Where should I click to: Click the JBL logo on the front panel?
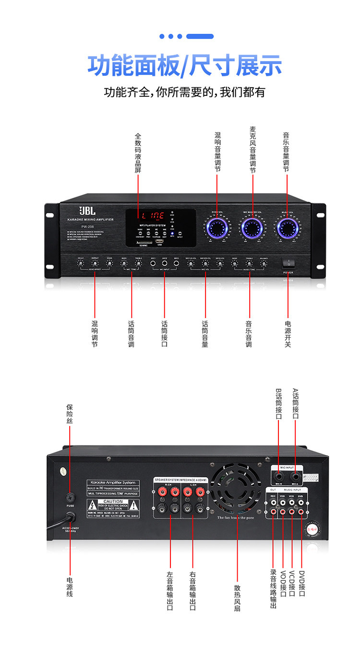point(87,211)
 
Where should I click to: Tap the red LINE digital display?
point(153,215)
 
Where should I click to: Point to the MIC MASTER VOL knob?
point(252,228)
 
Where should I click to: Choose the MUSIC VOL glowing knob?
point(288,228)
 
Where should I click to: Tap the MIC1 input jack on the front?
point(153,263)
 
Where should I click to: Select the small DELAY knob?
point(81,263)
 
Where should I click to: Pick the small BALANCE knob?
point(264,263)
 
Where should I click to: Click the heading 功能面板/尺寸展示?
point(184,66)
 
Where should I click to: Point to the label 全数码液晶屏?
point(138,153)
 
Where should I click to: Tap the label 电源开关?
point(288,333)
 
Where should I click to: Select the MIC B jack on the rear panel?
point(279,477)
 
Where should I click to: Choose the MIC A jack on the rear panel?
point(295,477)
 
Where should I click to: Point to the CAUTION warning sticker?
point(113,505)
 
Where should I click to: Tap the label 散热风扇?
point(237,598)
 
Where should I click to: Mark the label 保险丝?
point(70,413)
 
